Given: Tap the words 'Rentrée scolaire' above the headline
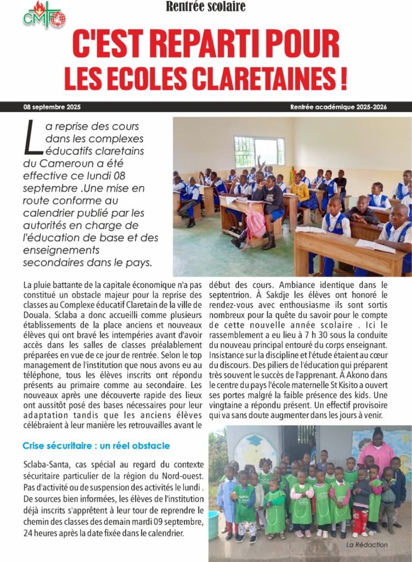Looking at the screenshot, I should (x=206, y=7).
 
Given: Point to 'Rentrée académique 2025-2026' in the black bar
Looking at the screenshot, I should (x=338, y=107).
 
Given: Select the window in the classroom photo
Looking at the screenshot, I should (x=259, y=151).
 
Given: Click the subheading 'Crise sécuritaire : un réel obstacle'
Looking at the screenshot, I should (x=96, y=445).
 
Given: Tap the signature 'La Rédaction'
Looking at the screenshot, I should (x=367, y=544).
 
